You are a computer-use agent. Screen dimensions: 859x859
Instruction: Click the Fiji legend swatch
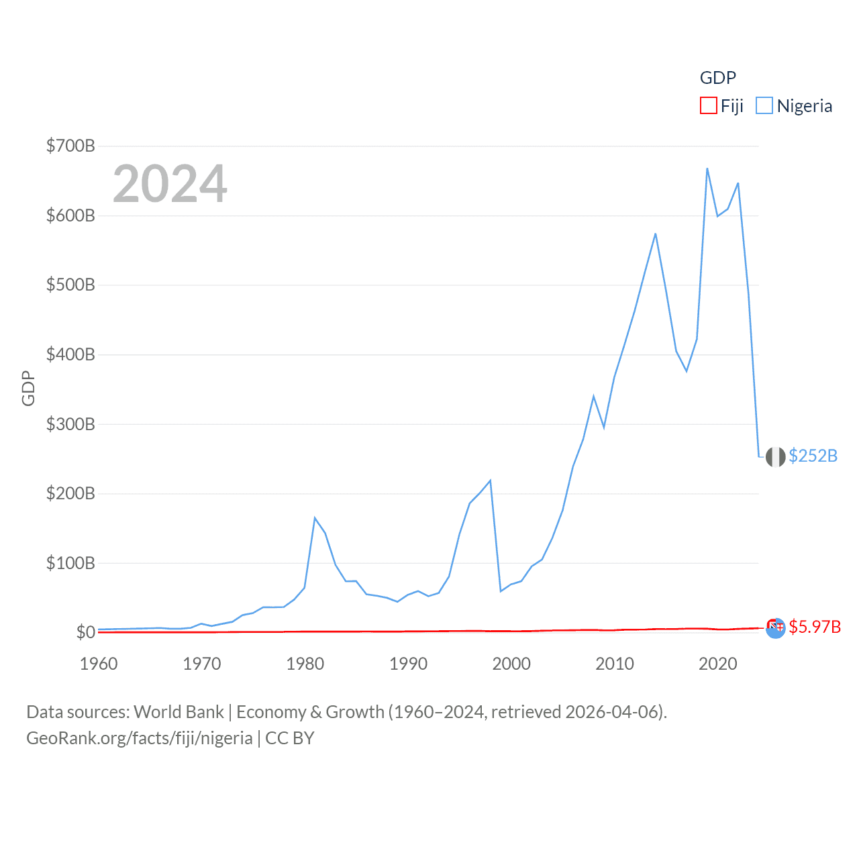coord(709,106)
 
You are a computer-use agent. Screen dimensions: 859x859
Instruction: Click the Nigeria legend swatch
coord(764,106)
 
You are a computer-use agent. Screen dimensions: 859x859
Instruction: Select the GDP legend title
coord(717,78)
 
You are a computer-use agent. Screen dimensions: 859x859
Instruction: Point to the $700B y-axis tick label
coord(70,146)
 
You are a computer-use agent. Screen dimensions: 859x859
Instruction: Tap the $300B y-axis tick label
coord(70,424)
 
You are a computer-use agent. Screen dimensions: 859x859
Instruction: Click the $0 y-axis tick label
coord(85,632)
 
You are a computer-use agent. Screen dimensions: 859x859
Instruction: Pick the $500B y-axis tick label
coord(70,285)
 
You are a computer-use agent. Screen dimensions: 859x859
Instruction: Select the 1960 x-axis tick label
coord(99,664)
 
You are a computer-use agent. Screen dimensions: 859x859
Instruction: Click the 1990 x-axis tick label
coord(408,664)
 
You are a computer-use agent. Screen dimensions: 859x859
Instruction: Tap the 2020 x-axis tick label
coord(718,664)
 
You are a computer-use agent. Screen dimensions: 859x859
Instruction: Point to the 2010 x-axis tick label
coord(615,664)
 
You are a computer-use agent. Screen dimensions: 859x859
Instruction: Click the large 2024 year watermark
coord(170,184)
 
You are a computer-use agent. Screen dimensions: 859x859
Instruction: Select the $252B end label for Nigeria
coord(813,456)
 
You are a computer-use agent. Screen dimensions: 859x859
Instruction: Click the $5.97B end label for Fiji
coord(814,627)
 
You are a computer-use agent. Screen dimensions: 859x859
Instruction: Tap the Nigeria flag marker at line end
coord(775,456)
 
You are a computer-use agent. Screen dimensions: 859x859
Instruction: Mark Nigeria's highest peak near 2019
coord(707,168)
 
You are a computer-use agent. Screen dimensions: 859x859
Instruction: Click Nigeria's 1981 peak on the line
coord(315,517)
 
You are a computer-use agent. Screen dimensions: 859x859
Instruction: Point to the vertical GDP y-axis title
coord(28,388)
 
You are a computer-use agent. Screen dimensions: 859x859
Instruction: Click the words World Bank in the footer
coord(179,711)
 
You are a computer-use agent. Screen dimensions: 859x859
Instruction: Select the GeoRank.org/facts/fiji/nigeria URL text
coord(140,738)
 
